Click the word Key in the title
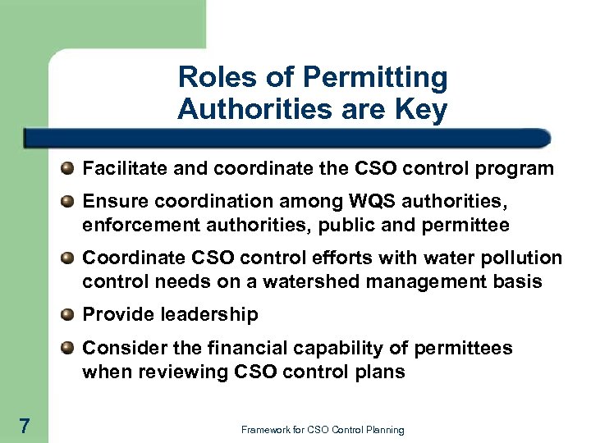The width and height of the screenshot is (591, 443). [419, 109]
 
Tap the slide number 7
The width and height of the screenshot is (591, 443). [25, 425]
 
